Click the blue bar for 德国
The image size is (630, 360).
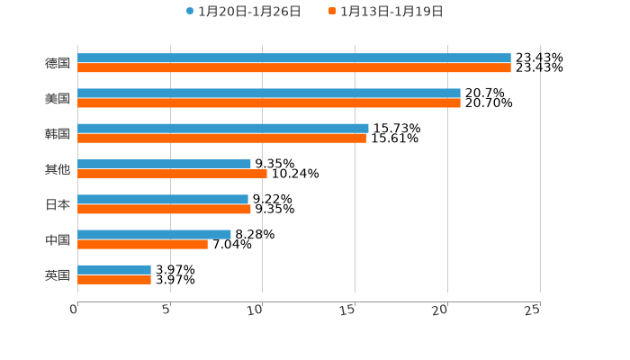coord(294,58)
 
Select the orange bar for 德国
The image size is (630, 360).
coord(294,67)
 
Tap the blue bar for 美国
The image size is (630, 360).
coord(269,93)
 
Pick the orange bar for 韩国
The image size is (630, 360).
coord(221,139)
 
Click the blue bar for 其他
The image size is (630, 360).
coord(164,164)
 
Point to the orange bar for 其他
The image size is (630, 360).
coord(172,174)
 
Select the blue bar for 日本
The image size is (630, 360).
coord(163,199)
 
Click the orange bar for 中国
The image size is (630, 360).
coord(142,244)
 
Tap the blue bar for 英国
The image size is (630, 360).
coord(114,269)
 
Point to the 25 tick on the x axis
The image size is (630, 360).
coord(533,310)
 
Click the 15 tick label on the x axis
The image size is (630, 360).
coord(348,310)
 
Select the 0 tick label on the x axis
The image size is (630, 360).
coord(74,310)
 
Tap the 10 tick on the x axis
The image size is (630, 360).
coord(256,310)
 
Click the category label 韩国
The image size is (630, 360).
coord(58,133)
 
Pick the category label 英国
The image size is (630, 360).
coord(58,274)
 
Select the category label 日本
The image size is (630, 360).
coord(58,204)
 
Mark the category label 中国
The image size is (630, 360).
coord(58,239)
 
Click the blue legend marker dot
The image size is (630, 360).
coord(190,12)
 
